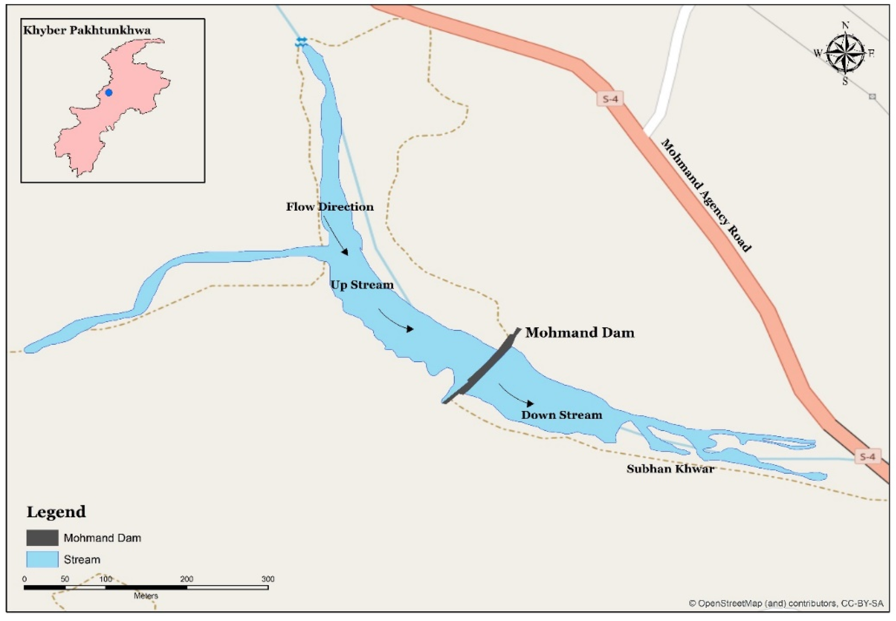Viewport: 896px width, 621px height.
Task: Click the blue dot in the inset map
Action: click(109, 93)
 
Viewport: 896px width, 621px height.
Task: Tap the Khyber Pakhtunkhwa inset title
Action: click(87, 30)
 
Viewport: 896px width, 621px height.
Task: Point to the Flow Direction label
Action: click(330, 207)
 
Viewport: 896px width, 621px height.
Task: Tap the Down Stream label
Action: click(562, 415)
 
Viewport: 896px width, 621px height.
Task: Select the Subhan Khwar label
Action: click(670, 469)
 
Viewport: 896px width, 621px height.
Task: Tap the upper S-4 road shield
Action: click(610, 99)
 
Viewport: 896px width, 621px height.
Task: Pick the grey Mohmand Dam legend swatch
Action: click(42, 538)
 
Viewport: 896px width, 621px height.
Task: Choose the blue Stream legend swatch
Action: click(42, 559)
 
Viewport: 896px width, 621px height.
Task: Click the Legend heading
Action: click(56, 512)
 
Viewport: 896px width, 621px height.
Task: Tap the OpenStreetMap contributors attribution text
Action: click(786, 604)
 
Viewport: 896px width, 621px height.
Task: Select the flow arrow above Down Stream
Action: click(516, 396)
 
